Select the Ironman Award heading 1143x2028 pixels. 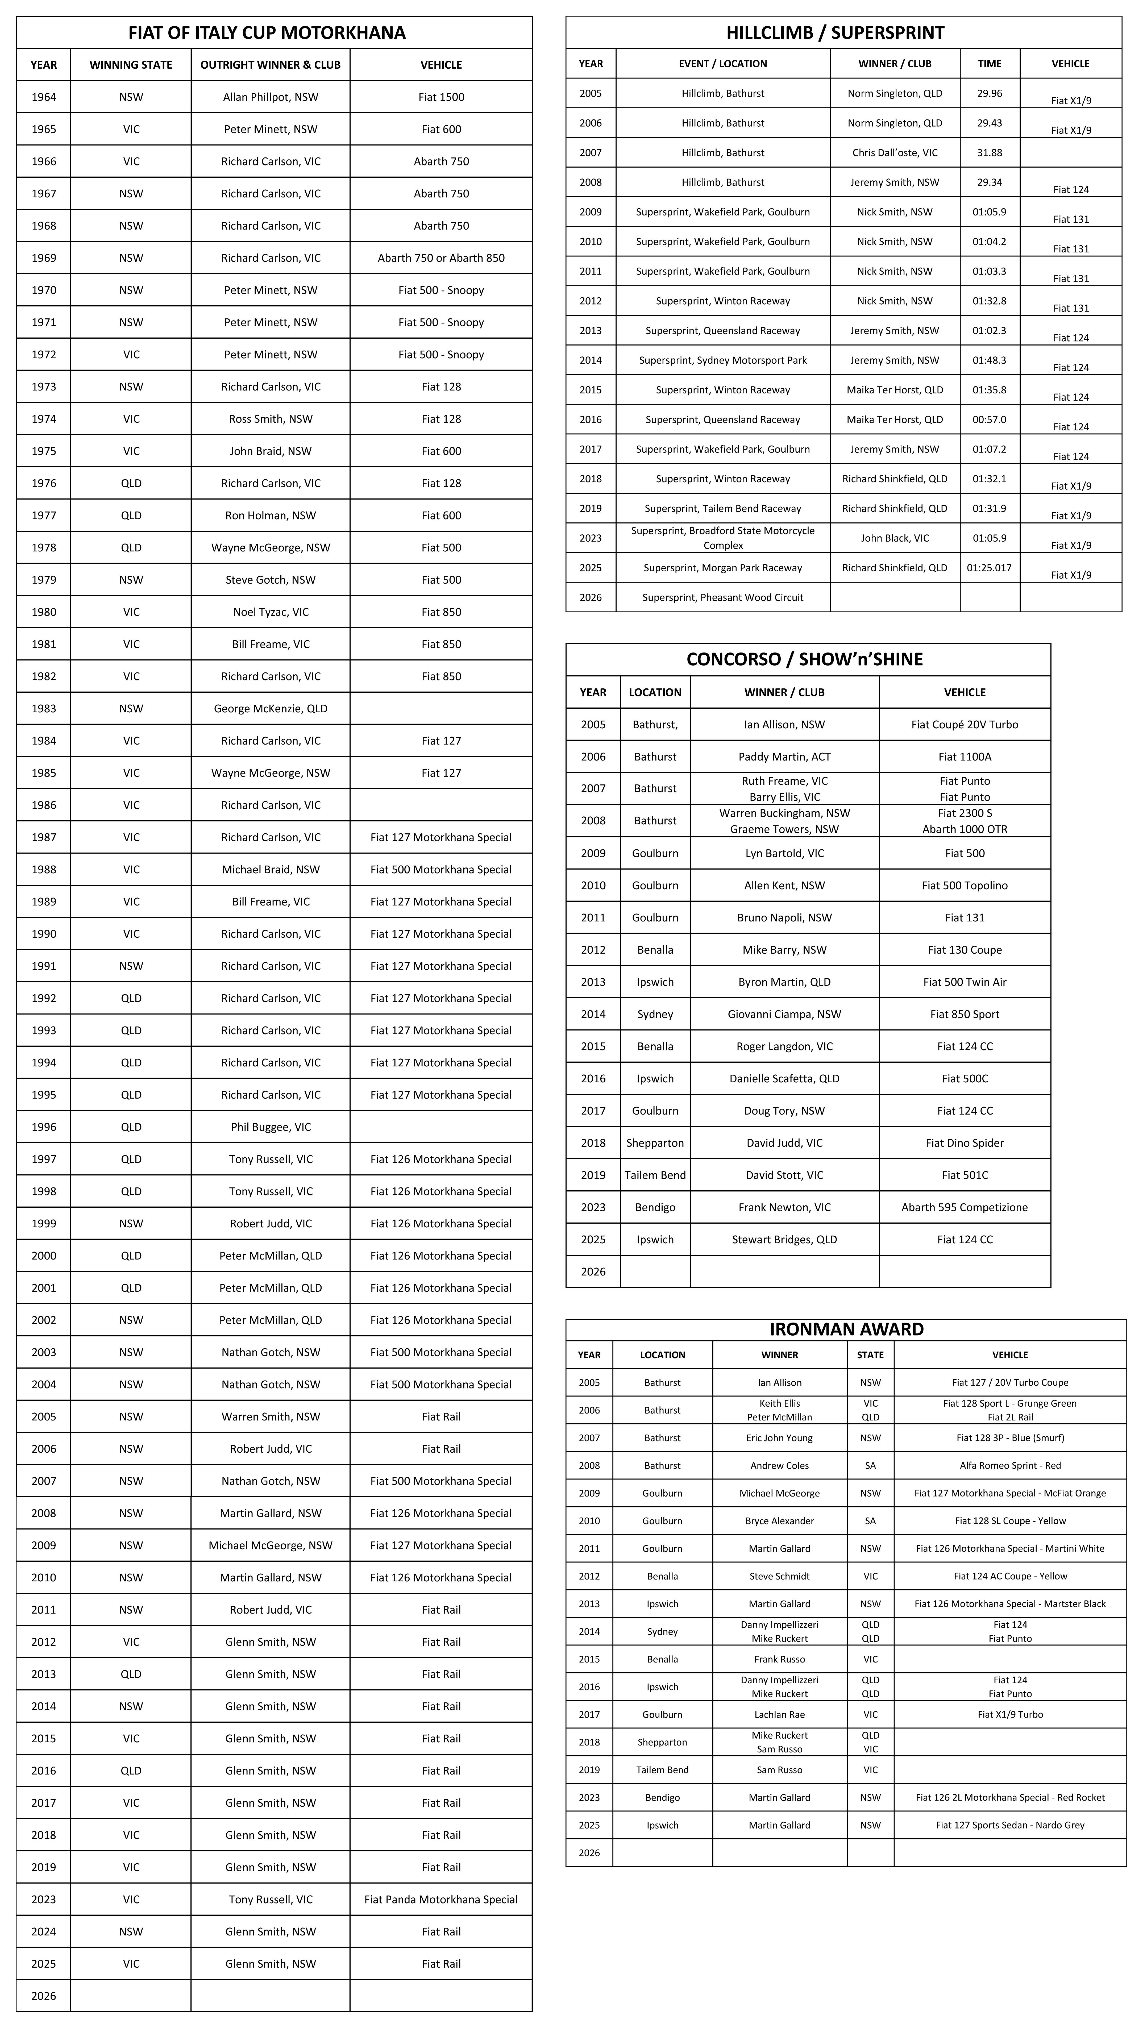pos(846,1329)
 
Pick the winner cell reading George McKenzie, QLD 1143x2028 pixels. pos(270,709)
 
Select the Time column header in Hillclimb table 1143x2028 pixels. pos(990,64)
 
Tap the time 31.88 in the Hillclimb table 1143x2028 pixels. pos(990,153)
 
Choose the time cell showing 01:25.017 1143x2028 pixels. pos(990,568)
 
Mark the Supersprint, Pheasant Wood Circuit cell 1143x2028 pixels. pos(723,597)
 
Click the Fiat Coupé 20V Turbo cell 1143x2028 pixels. pos(964,724)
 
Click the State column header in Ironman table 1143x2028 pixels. pos(870,1355)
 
